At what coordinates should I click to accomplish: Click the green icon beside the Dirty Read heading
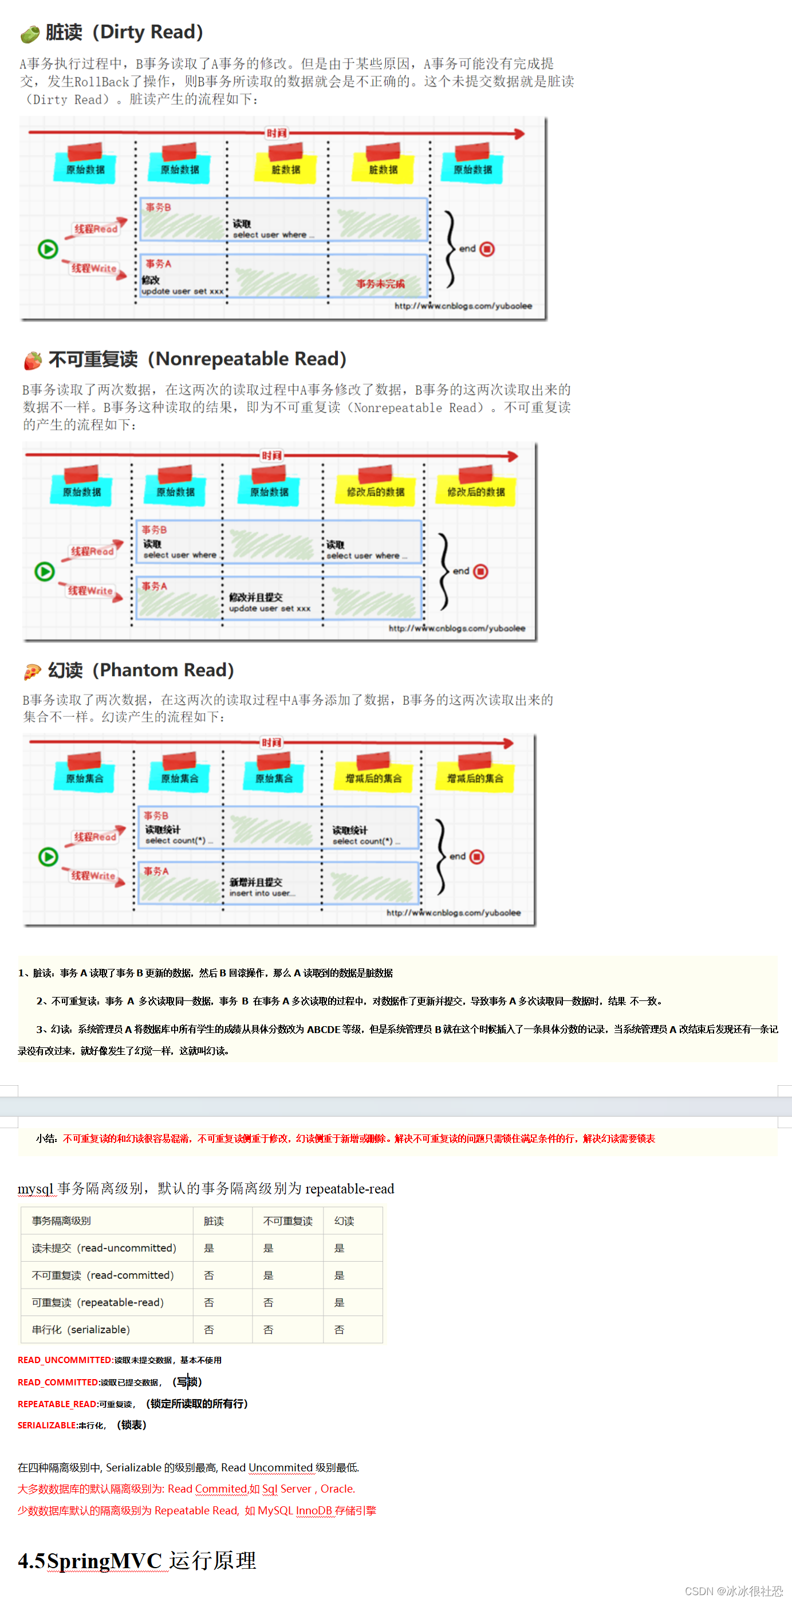pyautogui.click(x=29, y=34)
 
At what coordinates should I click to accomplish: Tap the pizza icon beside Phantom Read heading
pyautogui.click(x=31, y=671)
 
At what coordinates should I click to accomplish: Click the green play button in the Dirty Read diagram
pyautogui.click(x=48, y=249)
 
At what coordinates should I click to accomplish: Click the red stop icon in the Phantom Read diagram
pyautogui.click(x=477, y=857)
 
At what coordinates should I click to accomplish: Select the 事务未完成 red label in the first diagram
pyautogui.click(x=380, y=284)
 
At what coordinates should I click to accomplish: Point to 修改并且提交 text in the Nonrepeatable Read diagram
pyautogui.click(x=255, y=596)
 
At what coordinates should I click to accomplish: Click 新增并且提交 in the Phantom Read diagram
pyautogui.click(x=255, y=882)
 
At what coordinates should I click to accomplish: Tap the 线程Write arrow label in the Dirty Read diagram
pyautogui.click(x=94, y=268)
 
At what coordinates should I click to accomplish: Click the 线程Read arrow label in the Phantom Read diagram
pyautogui.click(x=95, y=837)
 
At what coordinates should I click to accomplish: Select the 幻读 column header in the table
pyautogui.click(x=344, y=1221)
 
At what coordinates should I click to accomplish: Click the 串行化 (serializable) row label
pyautogui.click(x=81, y=1330)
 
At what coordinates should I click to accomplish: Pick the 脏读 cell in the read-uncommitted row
pyautogui.click(x=209, y=1248)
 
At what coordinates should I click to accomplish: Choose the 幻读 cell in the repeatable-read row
pyautogui.click(x=339, y=1302)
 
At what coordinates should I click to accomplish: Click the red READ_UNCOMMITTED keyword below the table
pyautogui.click(x=65, y=1360)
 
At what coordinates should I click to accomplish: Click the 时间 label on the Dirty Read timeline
pyautogui.click(x=276, y=133)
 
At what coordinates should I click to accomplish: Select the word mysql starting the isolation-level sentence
pyautogui.click(x=36, y=1188)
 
